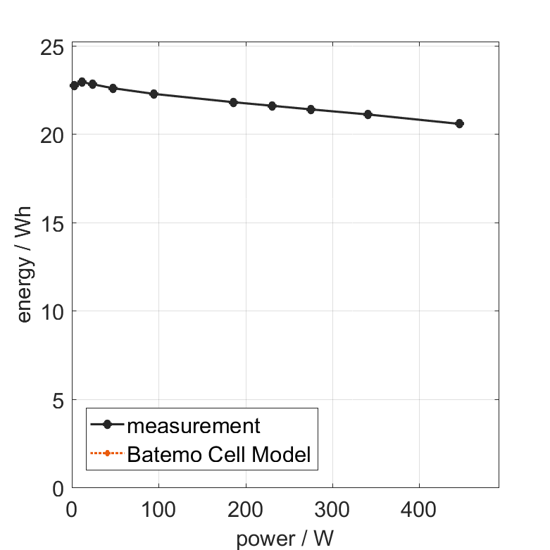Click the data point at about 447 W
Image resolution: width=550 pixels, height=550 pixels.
[x=460, y=123]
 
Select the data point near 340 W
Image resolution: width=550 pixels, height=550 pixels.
[x=368, y=114]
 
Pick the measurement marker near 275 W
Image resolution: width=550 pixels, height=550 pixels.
[x=311, y=109]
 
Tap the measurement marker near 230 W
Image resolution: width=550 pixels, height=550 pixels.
[x=273, y=106]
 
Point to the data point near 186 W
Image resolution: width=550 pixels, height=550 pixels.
[x=234, y=102]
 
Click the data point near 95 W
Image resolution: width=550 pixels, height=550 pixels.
[x=154, y=94]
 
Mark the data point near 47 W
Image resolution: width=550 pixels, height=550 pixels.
[x=113, y=88]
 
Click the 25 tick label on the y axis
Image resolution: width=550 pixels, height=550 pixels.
[x=52, y=46]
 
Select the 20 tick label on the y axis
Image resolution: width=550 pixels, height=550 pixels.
[x=52, y=135]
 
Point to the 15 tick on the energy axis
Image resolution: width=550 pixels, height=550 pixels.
[x=52, y=223]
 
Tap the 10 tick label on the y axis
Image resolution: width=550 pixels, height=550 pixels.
[x=52, y=311]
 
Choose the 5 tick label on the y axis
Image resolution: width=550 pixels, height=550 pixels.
[x=58, y=400]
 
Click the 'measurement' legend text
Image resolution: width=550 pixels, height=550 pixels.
[x=194, y=425]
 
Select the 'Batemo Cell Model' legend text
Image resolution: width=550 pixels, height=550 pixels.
[x=219, y=454]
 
